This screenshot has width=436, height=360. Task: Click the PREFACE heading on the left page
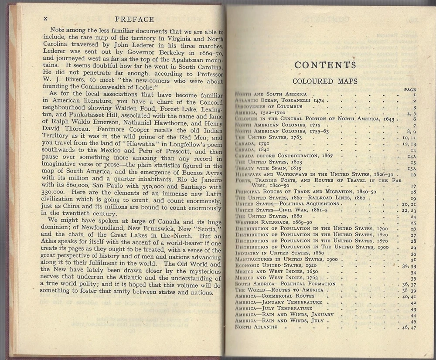point(134,19)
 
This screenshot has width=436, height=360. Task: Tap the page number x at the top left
point(45,19)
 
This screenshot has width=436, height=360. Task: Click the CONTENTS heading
point(325,65)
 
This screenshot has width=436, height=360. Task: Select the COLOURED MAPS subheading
point(325,81)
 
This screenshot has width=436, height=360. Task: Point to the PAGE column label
point(410,89)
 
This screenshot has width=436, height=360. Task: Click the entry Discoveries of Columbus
point(269,107)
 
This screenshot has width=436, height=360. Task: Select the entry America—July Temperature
point(274,309)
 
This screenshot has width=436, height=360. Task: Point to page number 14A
point(411,156)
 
